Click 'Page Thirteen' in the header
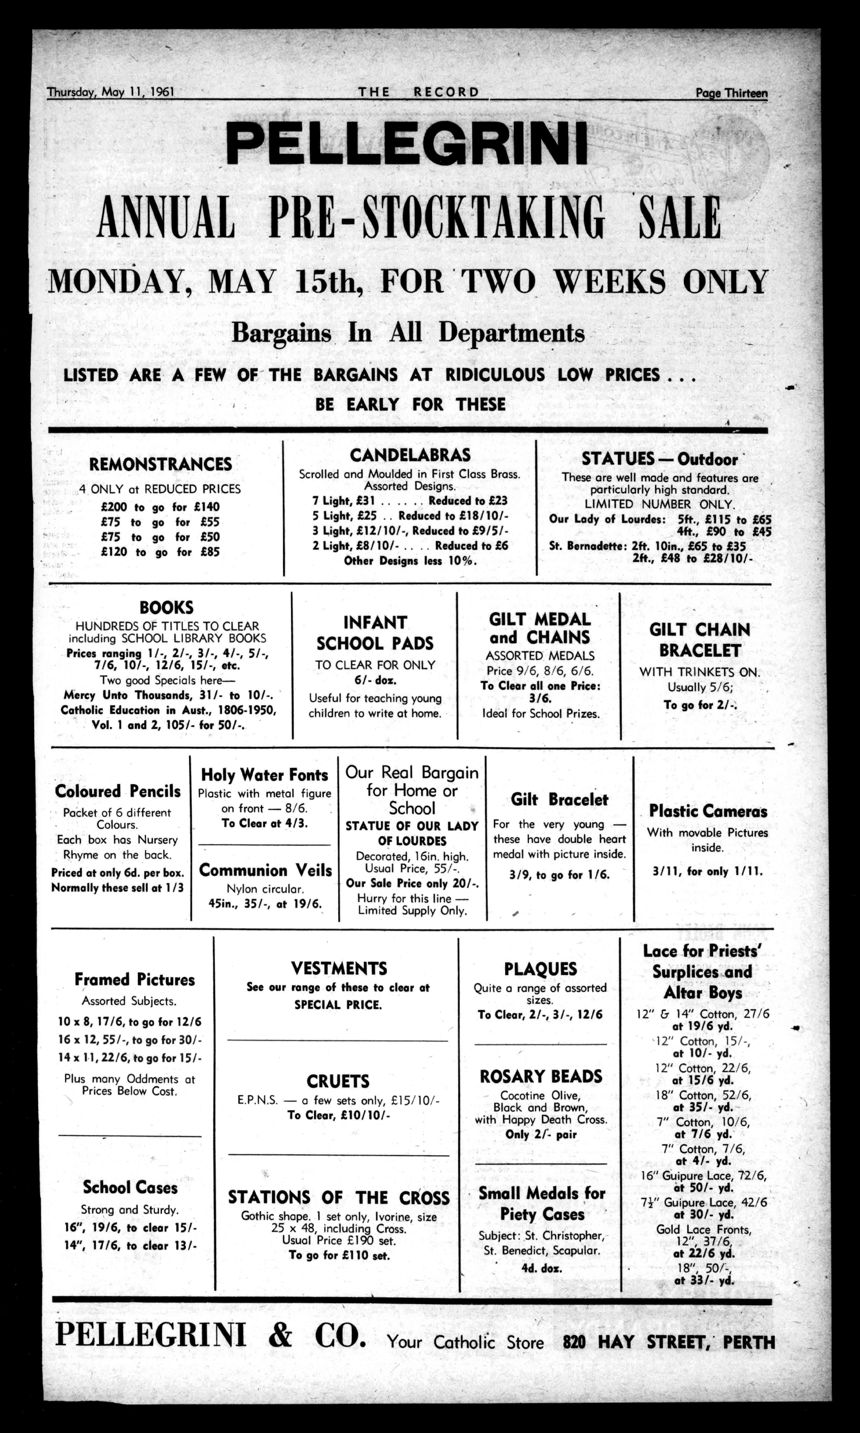click(x=731, y=93)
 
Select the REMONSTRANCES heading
click(x=160, y=465)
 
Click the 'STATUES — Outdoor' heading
click(x=659, y=459)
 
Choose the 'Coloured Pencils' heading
click(x=118, y=791)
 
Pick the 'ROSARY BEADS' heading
click(x=541, y=1076)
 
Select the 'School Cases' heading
click(x=130, y=1187)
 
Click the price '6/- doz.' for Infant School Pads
click(x=375, y=680)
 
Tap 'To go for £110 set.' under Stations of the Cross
click(x=339, y=1256)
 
